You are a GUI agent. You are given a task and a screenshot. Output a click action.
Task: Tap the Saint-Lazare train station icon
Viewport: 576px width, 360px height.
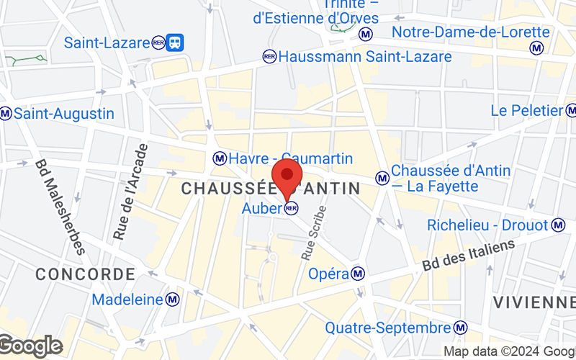(174, 42)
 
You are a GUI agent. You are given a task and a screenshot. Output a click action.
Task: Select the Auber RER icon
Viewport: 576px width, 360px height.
(292, 209)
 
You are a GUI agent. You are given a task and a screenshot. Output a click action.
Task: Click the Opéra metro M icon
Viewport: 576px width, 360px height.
(358, 274)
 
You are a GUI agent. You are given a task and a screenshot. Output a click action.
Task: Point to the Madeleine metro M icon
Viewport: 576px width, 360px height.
(172, 299)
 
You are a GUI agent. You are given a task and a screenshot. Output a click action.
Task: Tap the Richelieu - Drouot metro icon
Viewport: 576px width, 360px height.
(558, 225)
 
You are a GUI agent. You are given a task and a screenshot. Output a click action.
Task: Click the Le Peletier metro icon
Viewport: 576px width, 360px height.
(571, 110)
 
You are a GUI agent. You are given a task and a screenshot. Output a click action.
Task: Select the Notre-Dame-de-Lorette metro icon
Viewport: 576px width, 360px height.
(536, 48)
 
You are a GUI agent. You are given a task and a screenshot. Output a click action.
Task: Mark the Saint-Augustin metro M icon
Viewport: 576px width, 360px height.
(6, 114)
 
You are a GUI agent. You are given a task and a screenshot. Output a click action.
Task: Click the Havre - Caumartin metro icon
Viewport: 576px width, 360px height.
(220, 158)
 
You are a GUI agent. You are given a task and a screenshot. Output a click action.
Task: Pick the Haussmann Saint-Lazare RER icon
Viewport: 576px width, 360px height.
(269, 56)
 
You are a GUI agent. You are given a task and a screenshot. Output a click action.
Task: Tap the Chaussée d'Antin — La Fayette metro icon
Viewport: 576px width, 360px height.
(382, 176)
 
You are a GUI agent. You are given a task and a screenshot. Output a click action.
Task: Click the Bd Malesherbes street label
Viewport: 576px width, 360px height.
(60, 207)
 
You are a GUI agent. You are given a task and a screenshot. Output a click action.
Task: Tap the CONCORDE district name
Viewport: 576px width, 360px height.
(85, 274)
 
